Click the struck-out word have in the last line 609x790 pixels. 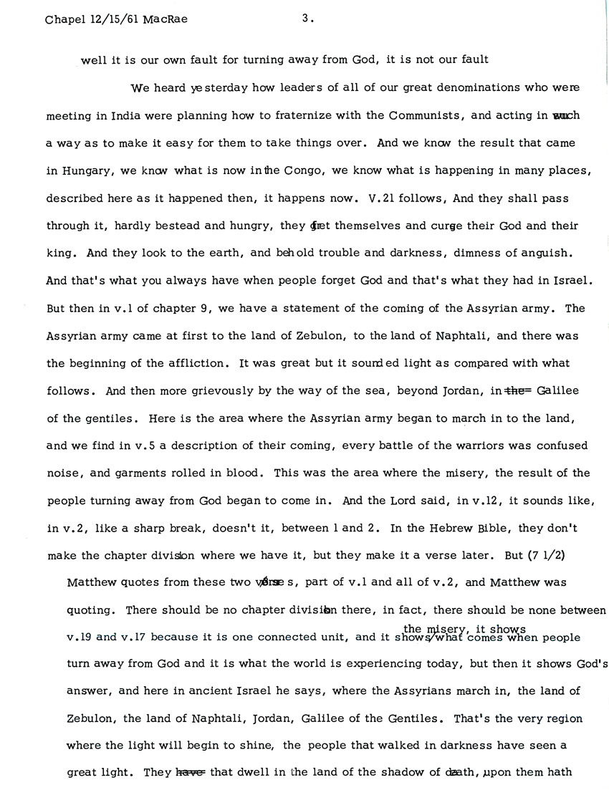pyautogui.click(x=191, y=773)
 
